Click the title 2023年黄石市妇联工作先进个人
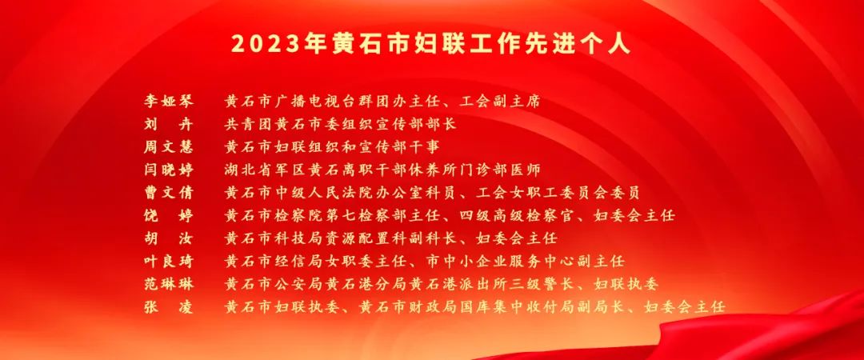pyautogui.click(x=431, y=44)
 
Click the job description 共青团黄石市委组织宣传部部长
pyautogui.click(x=341, y=124)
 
